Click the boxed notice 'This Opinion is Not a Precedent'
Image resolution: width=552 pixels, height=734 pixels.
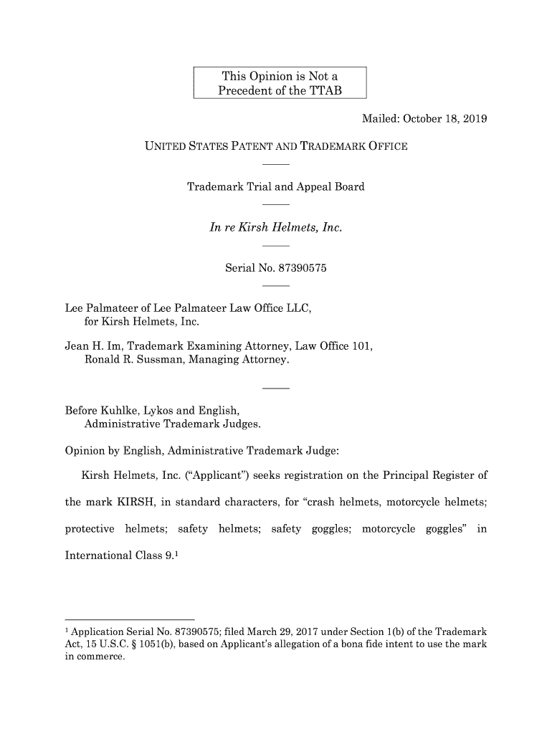pos(280,83)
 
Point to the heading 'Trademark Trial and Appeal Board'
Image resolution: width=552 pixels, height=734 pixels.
pos(276,187)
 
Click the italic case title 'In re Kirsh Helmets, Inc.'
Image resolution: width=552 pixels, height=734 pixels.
pos(275,228)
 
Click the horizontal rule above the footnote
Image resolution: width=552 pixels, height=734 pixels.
pos(130,617)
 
